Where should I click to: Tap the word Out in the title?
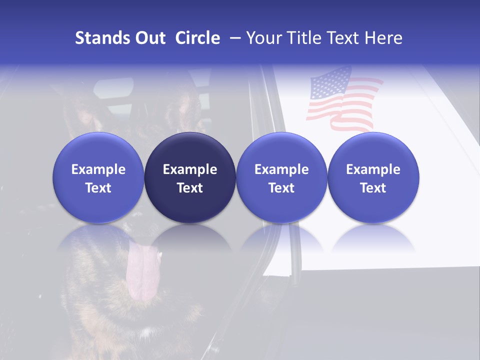point(148,38)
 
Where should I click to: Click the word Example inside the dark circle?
point(190,169)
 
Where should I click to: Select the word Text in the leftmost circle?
point(98,188)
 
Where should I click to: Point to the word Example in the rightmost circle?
point(373,169)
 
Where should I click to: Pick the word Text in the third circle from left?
point(281,188)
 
